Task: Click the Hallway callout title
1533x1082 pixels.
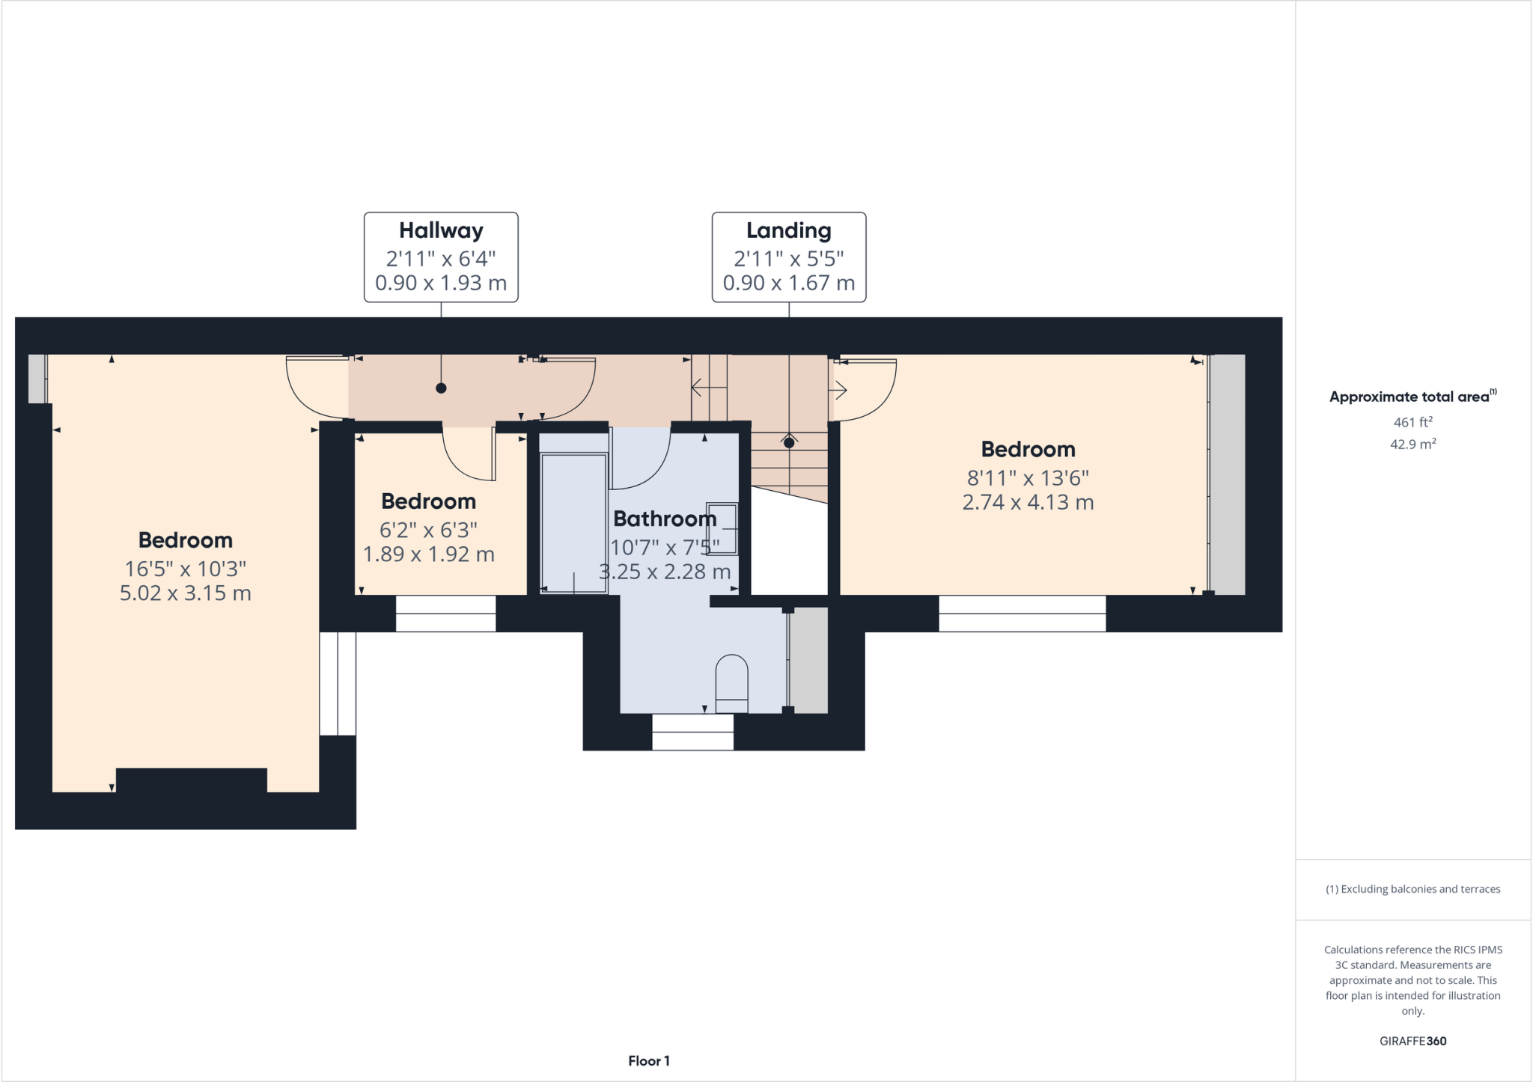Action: point(441,230)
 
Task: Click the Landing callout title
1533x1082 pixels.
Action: point(788,230)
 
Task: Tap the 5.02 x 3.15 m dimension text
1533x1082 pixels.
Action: point(186,593)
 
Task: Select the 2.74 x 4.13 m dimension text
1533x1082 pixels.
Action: point(1028,502)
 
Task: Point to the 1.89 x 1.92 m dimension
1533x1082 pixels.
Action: point(428,554)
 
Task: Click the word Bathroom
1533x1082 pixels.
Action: point(665,519)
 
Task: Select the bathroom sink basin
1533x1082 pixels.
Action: point(722,528)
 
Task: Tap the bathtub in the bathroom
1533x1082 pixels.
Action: point(574,523)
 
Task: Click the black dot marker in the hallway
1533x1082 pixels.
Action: point(441,388)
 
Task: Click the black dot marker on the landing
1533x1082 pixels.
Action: point(788,443)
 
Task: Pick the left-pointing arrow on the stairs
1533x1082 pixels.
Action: point(707,388)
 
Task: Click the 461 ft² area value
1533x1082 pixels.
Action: point(1412,422)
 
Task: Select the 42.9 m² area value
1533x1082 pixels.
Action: point(1412,444)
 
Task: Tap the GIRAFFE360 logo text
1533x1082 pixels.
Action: point(1412,1041)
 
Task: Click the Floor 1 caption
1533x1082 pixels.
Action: point(649,1061)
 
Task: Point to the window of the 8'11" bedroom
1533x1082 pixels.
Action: point(1022,614)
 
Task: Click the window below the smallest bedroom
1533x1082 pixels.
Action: point(445,614)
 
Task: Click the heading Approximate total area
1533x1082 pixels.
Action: point(1409,397)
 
